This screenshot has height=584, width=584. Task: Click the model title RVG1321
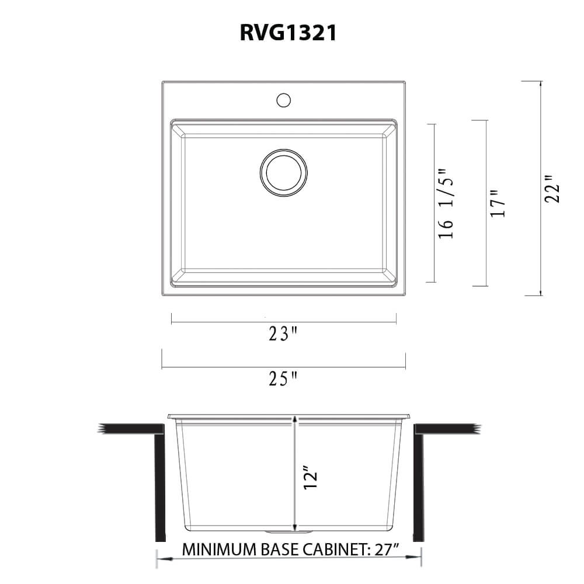pos(288,34)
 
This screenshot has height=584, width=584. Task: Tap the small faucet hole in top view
pos(283,100)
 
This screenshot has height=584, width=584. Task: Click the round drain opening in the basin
pos(283,171)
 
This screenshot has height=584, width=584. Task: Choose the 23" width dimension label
pos(283,334)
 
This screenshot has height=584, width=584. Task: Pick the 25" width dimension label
pos(283,380)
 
